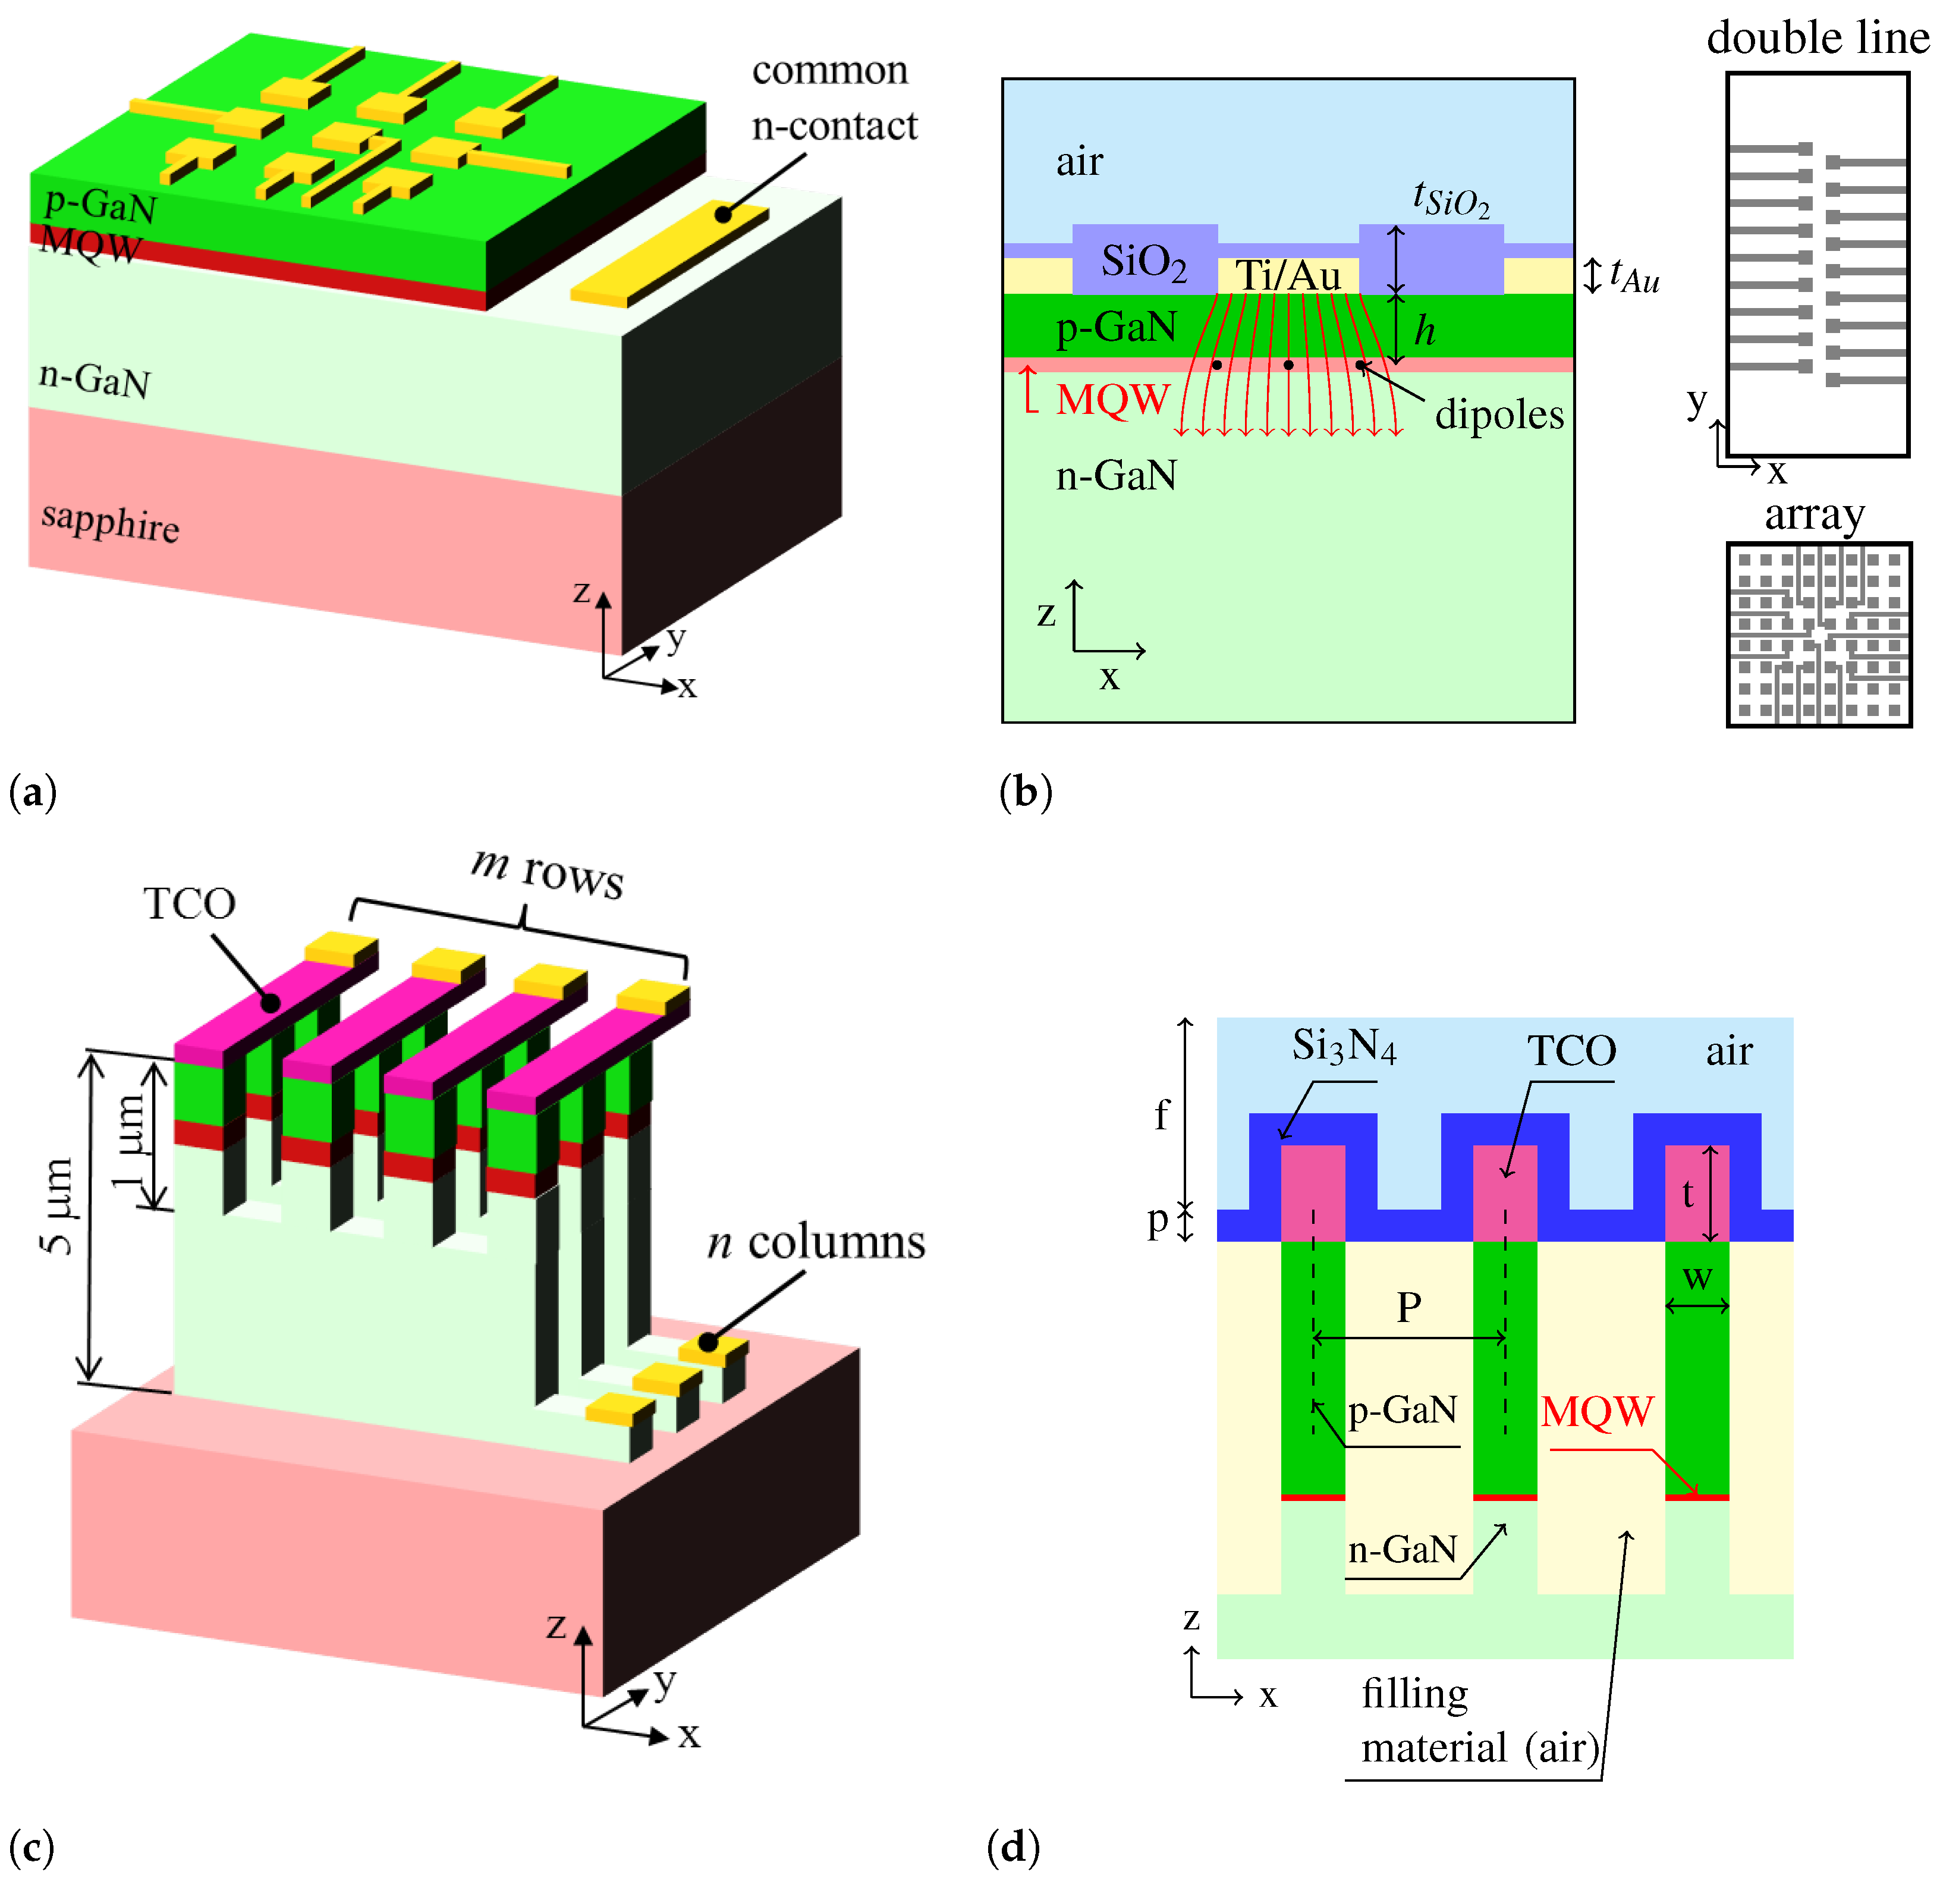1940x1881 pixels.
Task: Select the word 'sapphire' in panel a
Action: pos(110,521)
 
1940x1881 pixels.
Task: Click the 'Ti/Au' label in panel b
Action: pos(1288,275)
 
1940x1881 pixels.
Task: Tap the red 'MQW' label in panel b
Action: pos(1112,400)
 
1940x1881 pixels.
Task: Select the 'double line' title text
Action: pos(1818,37)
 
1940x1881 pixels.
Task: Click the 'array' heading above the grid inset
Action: pos(1815,515)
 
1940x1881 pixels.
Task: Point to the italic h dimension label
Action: pos(1425,331)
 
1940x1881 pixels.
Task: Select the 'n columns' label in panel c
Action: pos(816,1242)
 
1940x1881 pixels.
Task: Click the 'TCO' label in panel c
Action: pos(189,903)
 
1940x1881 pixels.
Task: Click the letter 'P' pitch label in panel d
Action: pos(1408,1308)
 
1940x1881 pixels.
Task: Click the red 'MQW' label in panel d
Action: pos(1596,1412)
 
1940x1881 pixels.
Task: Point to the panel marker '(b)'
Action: pos(1026,792)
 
